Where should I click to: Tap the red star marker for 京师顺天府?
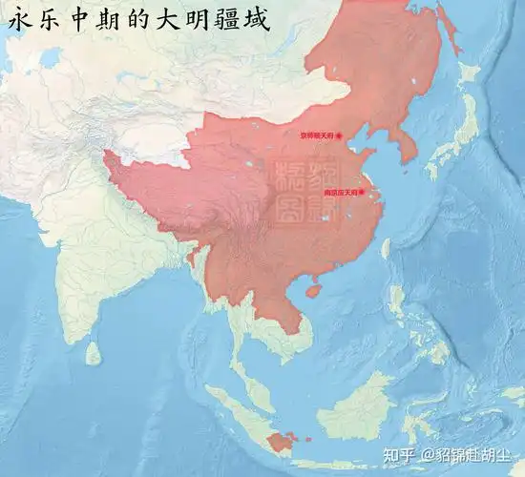(338, 135)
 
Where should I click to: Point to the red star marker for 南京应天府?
(362, 192)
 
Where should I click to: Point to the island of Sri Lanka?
(93, 353)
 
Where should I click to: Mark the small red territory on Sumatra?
(281, 442)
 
